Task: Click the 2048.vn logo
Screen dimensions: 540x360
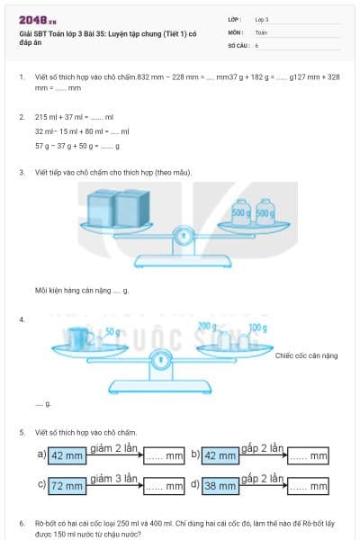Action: [37, 18]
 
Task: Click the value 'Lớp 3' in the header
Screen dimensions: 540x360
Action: [262, 19]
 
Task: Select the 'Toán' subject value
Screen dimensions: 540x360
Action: [261, 31]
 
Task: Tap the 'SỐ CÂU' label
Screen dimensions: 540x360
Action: [238, 44]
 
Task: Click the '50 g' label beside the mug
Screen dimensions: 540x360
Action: [112, 331]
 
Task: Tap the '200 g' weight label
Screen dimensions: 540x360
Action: [208, 326]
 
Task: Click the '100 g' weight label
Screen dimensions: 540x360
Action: [257, 327]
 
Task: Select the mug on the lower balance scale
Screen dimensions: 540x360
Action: [78, 339]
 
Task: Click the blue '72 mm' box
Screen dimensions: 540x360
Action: [67, 486]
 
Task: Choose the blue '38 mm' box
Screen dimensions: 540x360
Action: [220, 486]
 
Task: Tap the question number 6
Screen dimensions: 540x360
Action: [21, 523]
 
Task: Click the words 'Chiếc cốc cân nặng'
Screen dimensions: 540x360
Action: [306, 355]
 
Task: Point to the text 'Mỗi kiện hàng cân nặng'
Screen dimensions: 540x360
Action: [72, 290]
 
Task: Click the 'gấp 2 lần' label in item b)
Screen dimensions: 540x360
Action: [262, 448]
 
